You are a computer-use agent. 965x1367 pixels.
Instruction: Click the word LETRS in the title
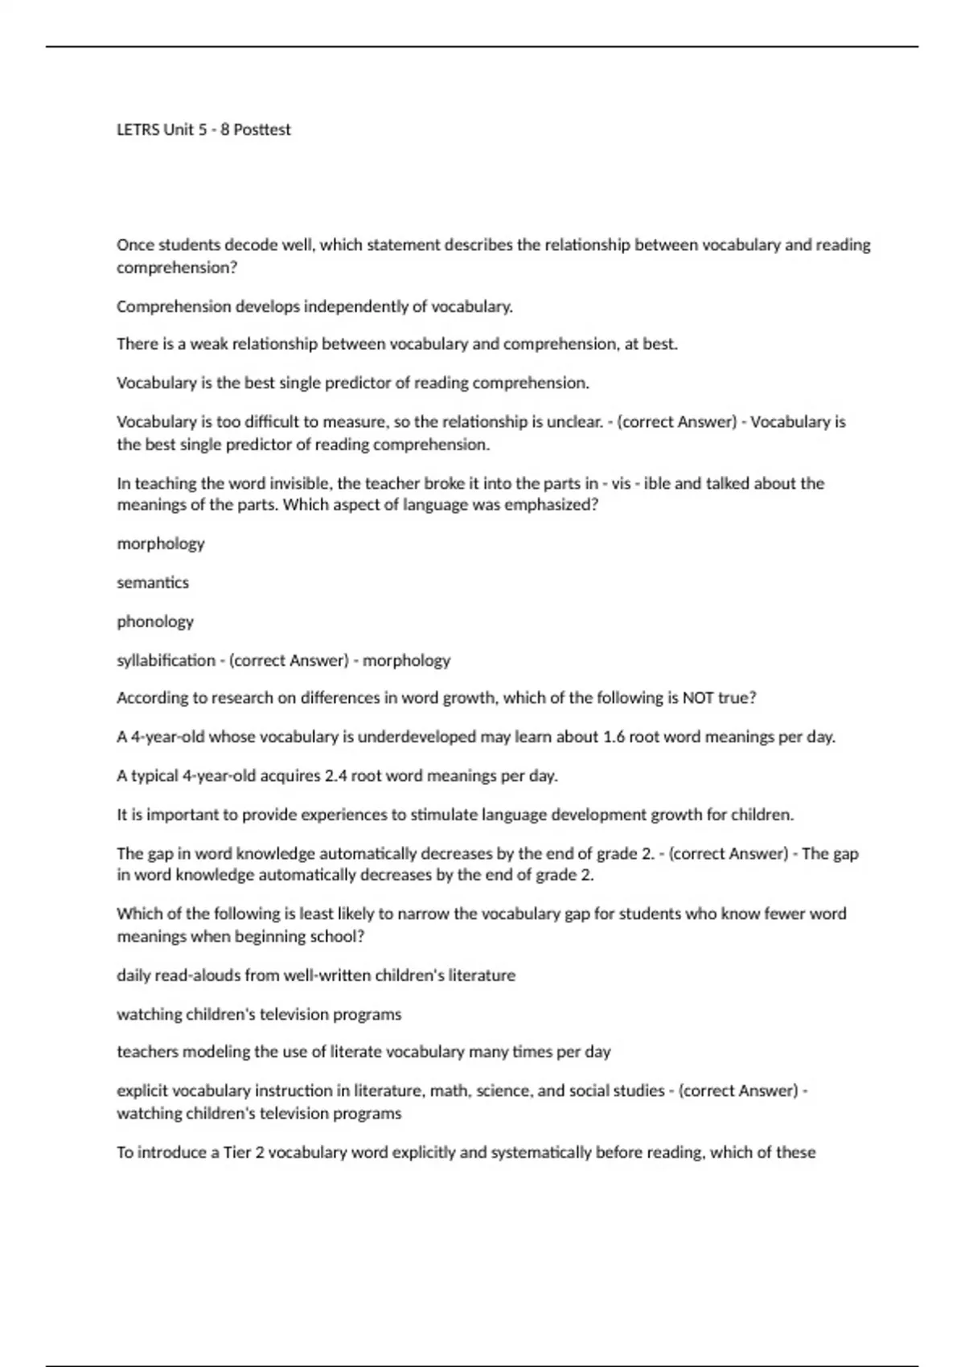click(138, 129)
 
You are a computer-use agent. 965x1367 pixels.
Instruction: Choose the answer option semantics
click(153, 582)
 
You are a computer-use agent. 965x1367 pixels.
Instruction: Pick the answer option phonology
click(155, 622)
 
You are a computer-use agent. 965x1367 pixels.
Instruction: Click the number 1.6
click(614, 737)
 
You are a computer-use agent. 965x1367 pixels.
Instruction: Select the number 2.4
click(334, 776)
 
